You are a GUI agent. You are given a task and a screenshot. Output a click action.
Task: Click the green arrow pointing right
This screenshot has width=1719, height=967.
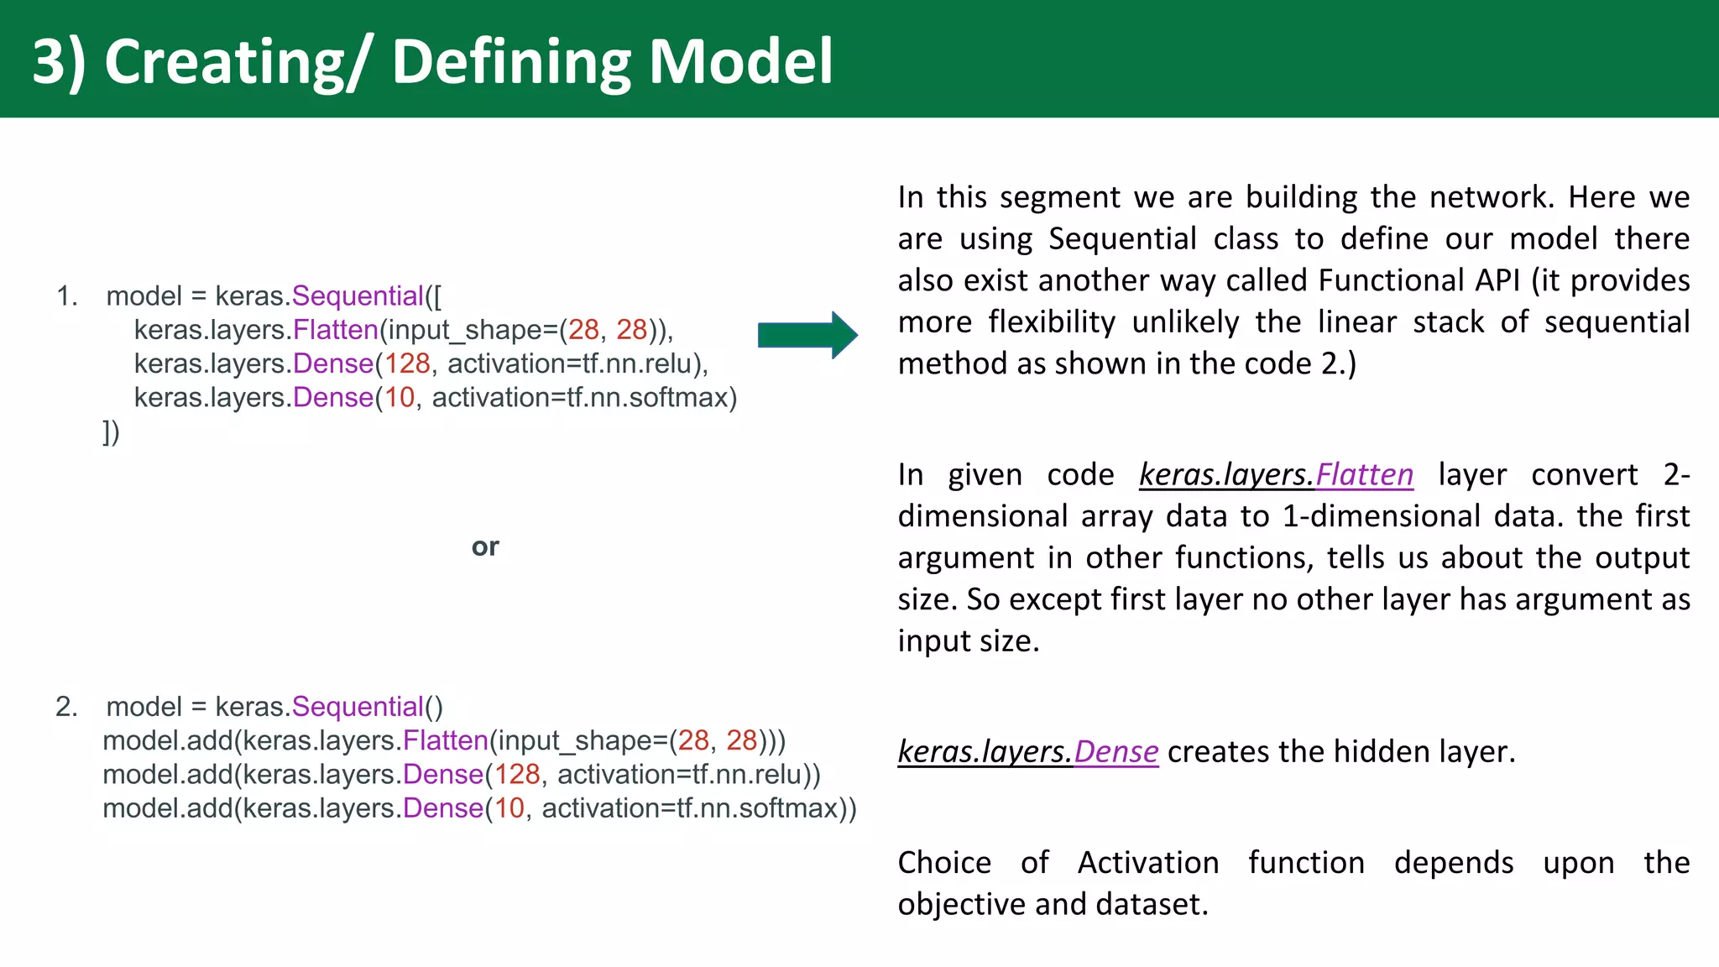[x=807, y=335]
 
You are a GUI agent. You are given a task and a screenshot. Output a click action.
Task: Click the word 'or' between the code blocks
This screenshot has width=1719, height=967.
[x=485, y=547]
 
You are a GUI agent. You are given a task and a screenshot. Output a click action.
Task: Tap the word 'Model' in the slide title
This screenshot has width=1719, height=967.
[x=740, y=62]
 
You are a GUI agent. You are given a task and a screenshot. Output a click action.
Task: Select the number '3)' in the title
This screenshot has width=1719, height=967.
[x=59, y=62]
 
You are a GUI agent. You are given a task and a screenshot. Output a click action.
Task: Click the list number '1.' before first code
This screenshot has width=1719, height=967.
[x=67, y=296]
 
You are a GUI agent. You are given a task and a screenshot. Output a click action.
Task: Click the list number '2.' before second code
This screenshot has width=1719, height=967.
[x=67, y=707]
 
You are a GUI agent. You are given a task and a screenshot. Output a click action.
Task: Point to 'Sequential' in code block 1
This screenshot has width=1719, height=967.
[x=358, y=296]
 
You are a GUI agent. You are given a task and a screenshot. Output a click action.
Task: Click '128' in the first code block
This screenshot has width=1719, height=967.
[x=407, y=363]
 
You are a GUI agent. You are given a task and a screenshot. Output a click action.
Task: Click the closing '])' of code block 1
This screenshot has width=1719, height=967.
[x=111, y=431]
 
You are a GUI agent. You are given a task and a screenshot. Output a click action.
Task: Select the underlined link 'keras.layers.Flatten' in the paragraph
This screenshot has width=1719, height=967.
[x=1276, y=475]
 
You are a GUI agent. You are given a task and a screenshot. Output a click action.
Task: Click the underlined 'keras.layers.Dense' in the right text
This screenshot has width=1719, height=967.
[x=1027, y=751]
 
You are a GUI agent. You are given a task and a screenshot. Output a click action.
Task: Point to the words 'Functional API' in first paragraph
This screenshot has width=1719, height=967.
[x=1419, y=280]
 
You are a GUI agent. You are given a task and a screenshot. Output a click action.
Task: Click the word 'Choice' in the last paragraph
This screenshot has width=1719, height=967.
[x=944, y=863]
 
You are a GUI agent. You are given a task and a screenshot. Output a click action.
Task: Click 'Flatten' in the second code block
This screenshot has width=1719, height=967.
[x=445, y=740]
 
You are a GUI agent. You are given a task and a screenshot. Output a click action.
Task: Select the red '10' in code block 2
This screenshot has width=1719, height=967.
[x=509, y=808]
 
